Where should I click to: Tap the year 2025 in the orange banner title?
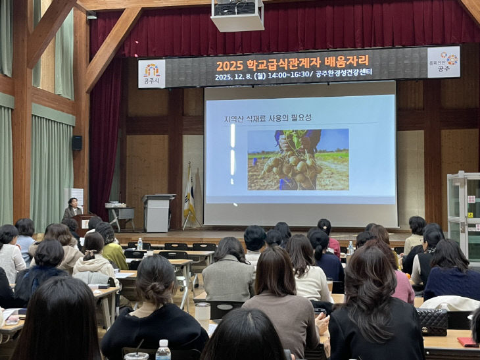[x=229, y=66]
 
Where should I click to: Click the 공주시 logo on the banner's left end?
[x=152, y=73]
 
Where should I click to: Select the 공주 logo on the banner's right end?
[x=443, y=63]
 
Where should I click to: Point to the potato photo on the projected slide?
[x=298, y=159]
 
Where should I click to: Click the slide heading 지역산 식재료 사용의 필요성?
[x=268, y=118]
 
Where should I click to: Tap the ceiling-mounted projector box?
[x=237, y=14]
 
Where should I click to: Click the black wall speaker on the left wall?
[x=77, y=142]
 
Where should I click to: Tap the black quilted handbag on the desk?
[x=432, y=322]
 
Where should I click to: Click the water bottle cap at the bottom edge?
[x=162, y=344]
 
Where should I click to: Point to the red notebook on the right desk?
[x=468, y=342]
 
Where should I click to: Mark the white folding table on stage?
[x=120, y=213]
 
